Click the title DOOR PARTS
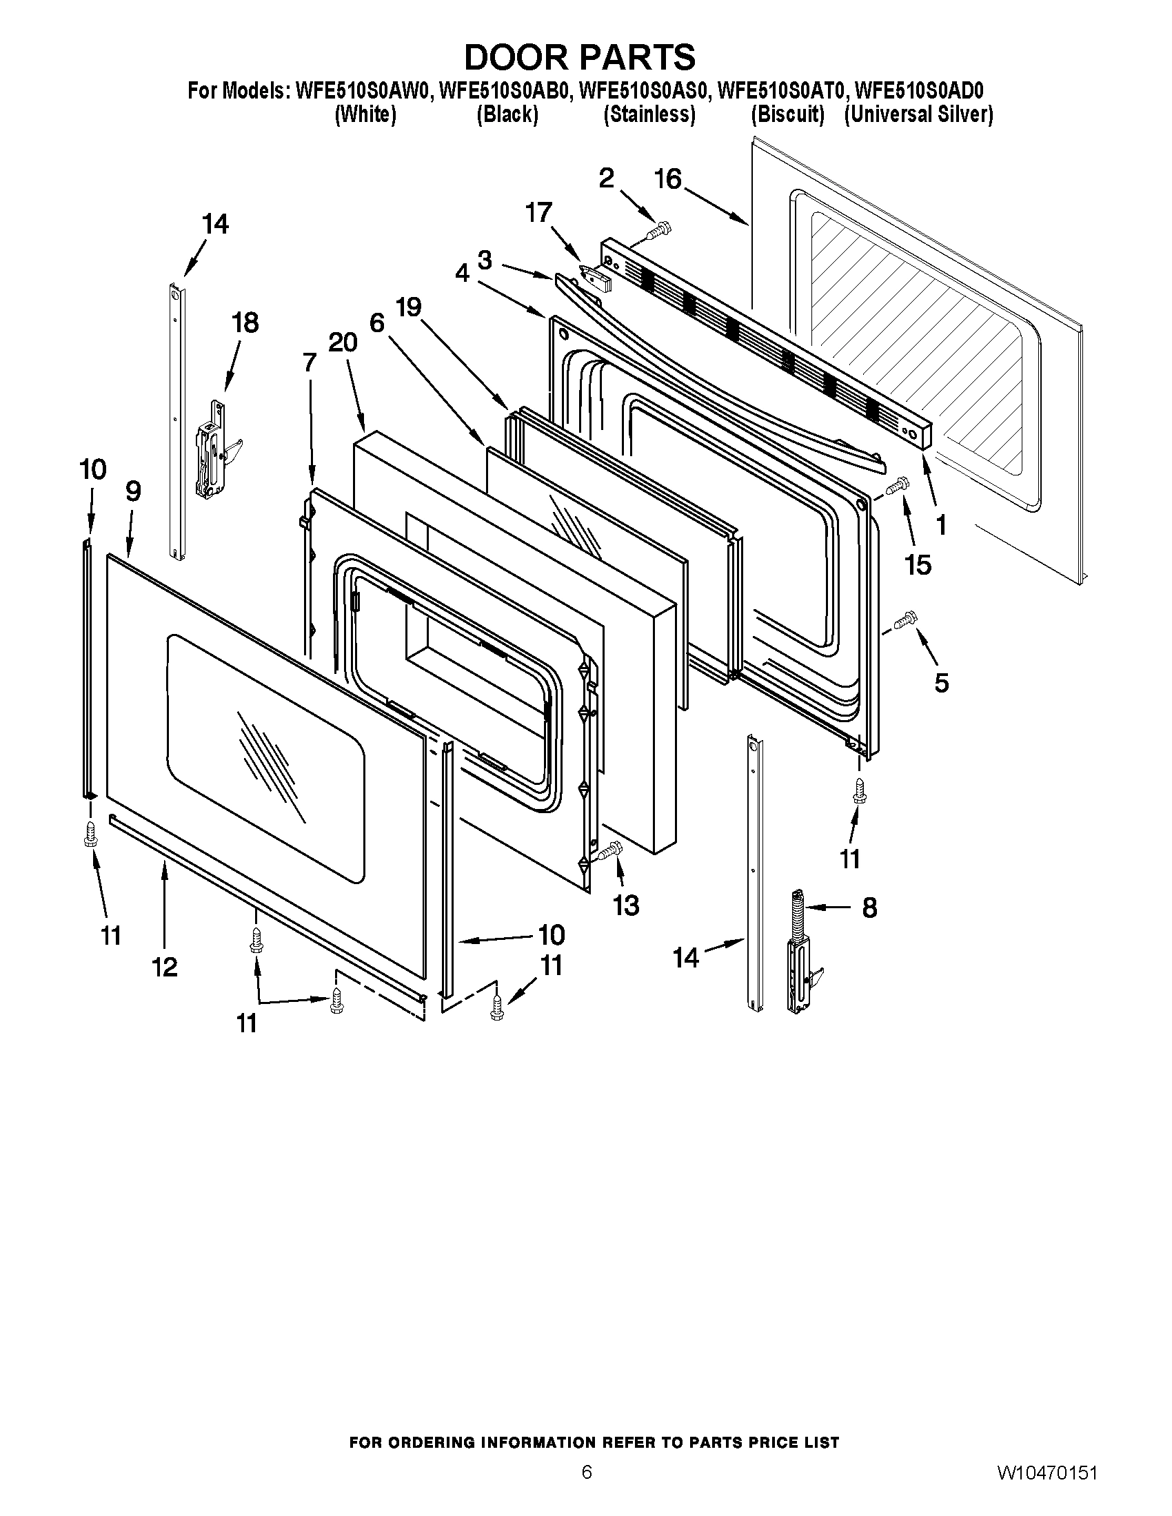click(580, 57)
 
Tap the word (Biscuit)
click(787, 114)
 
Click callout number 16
click(668, 180)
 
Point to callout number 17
click(539, 212)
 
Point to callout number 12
click(165, 967)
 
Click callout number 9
click(133, 491)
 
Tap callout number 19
click(409, 307)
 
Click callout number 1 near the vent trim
click(941, 526)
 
